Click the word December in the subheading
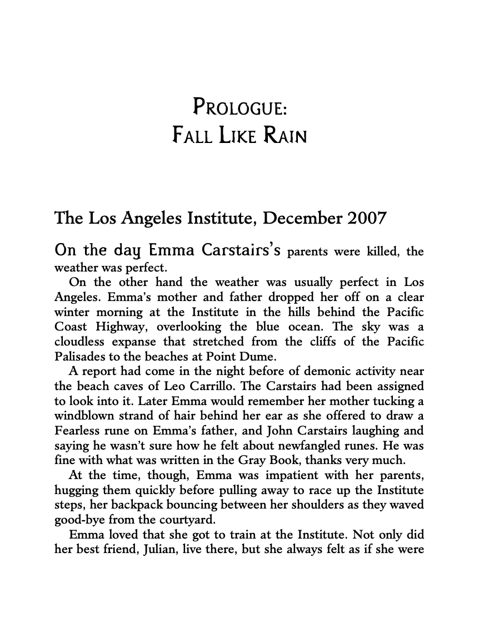pos(297,218)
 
